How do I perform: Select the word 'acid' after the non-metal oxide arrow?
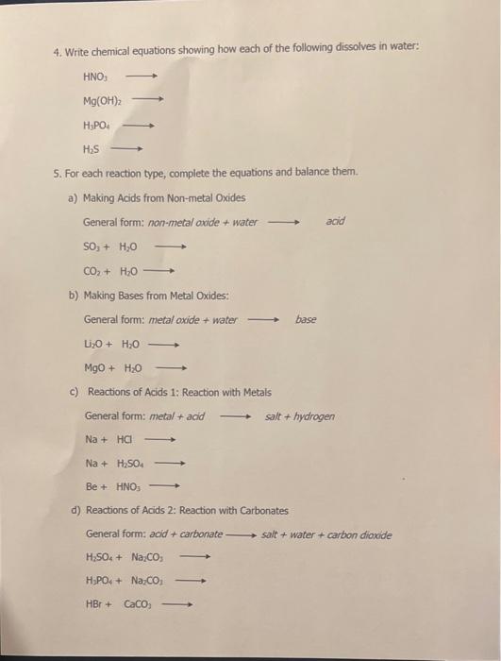pos(334,221)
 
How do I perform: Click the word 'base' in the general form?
pos(306,319)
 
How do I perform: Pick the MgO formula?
pos(96,369)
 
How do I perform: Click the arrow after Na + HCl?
pos(160,439)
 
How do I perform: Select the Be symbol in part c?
pos(92,486)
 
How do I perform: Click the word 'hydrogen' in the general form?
pos(314,415)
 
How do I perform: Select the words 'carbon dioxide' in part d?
pos(359,534)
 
